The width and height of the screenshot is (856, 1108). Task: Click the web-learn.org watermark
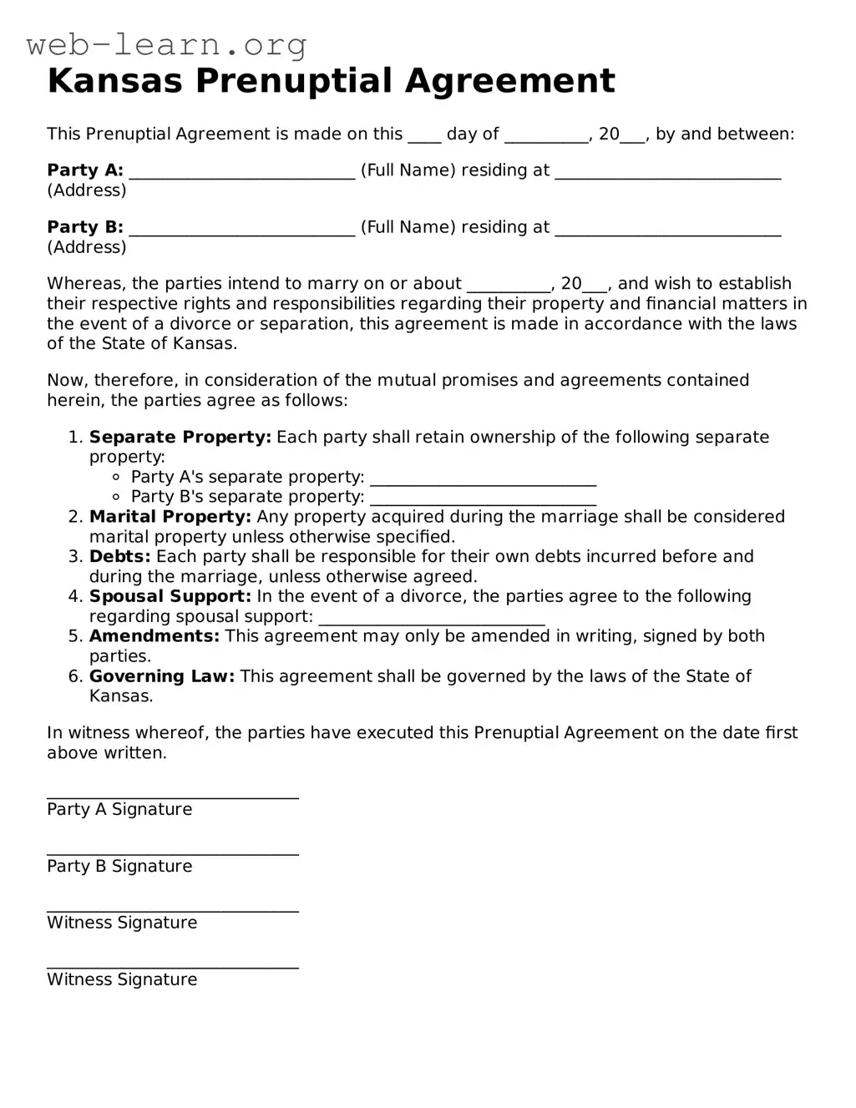(166, 44)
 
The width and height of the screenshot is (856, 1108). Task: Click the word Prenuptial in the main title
(296, 81)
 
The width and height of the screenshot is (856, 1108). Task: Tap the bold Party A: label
(85, 170)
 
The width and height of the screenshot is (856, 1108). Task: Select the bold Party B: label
(85, 227)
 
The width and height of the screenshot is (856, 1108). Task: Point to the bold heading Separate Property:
(180, 437)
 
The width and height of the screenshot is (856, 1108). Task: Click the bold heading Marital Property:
(170, 517)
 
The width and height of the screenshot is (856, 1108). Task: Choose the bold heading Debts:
(120, 557)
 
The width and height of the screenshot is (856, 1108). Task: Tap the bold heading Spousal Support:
(170, 596)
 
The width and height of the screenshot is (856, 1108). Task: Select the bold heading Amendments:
(154, 636)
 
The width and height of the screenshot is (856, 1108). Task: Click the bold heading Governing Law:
(162, 676)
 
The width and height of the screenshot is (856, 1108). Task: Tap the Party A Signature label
(119, 809)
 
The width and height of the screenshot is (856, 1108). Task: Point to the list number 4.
(75, 596)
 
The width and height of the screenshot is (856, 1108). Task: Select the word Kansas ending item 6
(121, 696)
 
